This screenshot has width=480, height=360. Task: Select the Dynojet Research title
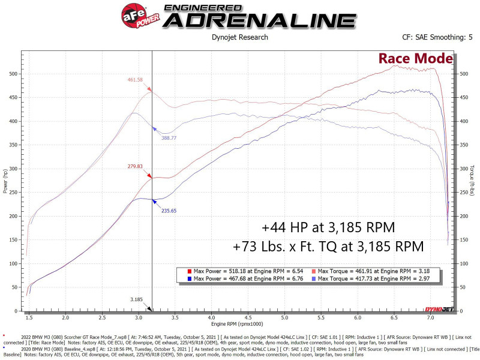240,37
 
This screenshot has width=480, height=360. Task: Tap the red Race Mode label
415,58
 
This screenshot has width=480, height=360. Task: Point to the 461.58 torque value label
136,80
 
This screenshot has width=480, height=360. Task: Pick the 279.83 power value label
134,166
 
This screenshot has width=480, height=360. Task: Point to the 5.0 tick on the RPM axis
284,317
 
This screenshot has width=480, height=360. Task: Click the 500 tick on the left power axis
13,74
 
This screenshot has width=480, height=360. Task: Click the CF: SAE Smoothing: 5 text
437,37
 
